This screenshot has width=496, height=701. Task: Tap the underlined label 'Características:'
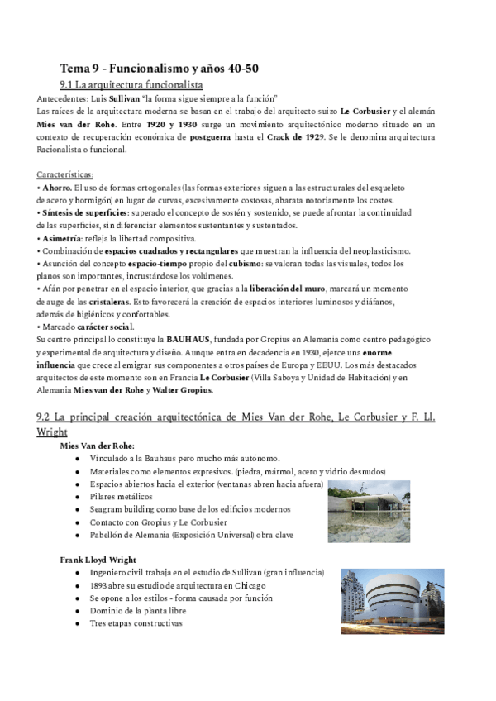pyautogui.click(x=65, y=175)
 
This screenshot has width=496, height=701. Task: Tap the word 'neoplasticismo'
pyautogui.click(x=379, y=250)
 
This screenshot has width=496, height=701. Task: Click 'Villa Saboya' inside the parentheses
pyautogui.click(x=322, y=377)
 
